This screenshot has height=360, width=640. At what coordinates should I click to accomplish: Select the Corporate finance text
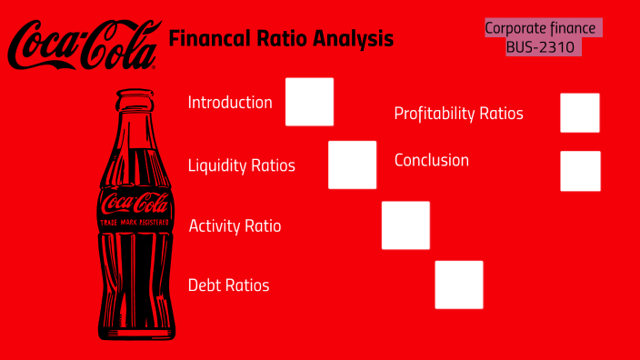(x=540, y=28)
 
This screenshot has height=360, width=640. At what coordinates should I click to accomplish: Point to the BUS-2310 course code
(x=541, y=46)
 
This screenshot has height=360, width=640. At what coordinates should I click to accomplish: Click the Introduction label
(x=230, y=102)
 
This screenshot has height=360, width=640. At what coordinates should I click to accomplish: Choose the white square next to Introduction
(x=309, y=102)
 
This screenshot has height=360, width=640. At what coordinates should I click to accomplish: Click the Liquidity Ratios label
(x=241, y=165)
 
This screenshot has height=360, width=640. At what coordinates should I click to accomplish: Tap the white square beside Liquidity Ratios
(x=352, y=165)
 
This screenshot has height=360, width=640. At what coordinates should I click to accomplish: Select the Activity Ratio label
(x=235, y=225)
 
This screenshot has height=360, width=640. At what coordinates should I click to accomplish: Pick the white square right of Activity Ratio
(x=405, y=225)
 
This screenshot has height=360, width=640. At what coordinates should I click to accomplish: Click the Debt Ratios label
(x=228, y=285)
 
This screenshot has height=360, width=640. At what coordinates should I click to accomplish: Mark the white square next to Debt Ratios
(x=459, y=285)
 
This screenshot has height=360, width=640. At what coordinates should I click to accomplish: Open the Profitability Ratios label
(x=458, y=114)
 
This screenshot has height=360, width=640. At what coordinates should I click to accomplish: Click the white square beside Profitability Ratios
(x=580, y=113)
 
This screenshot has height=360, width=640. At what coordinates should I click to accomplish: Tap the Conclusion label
(x=432, y=160)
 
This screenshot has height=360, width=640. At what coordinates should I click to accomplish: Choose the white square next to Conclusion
(x=580, y=171)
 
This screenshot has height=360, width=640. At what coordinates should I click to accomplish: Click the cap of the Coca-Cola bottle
(x=135, y=95)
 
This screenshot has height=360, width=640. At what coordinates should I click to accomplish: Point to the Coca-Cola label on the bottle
(x=135, y=204)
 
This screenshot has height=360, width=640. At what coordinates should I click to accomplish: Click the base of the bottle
(x=135, y=329)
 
